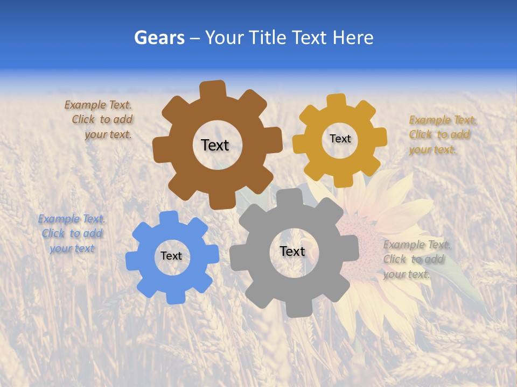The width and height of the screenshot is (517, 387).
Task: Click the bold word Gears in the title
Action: (x=159, y=38)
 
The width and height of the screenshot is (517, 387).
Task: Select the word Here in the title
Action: (x=353, y=38)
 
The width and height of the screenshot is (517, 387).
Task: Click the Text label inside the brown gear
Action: (x=215, y=145)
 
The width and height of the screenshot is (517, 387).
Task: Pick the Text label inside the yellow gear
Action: (x=340, y=139)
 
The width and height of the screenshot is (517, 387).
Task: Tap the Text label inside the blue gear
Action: (x=171, y=256)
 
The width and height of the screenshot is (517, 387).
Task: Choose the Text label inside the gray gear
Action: (x=292, y=251)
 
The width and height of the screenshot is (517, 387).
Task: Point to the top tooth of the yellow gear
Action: (x=337, y=101)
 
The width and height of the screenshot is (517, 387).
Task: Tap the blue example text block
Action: (x=72, y=234)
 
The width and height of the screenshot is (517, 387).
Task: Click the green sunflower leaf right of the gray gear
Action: (x=458, y=277)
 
